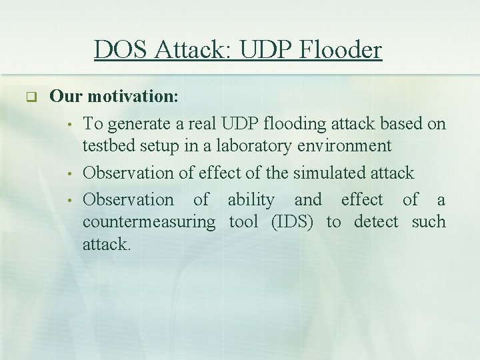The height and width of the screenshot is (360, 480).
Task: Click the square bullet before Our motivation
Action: pyautogui.click(x=30, y=97)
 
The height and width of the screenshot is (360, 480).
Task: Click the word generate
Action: pyautogui.click(x=137, y=124)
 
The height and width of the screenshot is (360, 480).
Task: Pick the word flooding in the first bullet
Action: pyautogui.click(x=285, y=124)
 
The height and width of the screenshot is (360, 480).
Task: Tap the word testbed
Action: pyautogui.click(x=107, y=146)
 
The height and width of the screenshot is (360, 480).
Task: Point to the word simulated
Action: pyautogui.click(x=323, y=173)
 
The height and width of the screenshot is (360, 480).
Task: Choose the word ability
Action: pyautogui.click(x=251, y=199)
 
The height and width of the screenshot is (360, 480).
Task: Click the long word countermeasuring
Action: pyautogui.click(x=149, y=222)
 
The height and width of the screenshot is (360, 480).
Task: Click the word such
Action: pyautogui.click(x=429, y=222)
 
